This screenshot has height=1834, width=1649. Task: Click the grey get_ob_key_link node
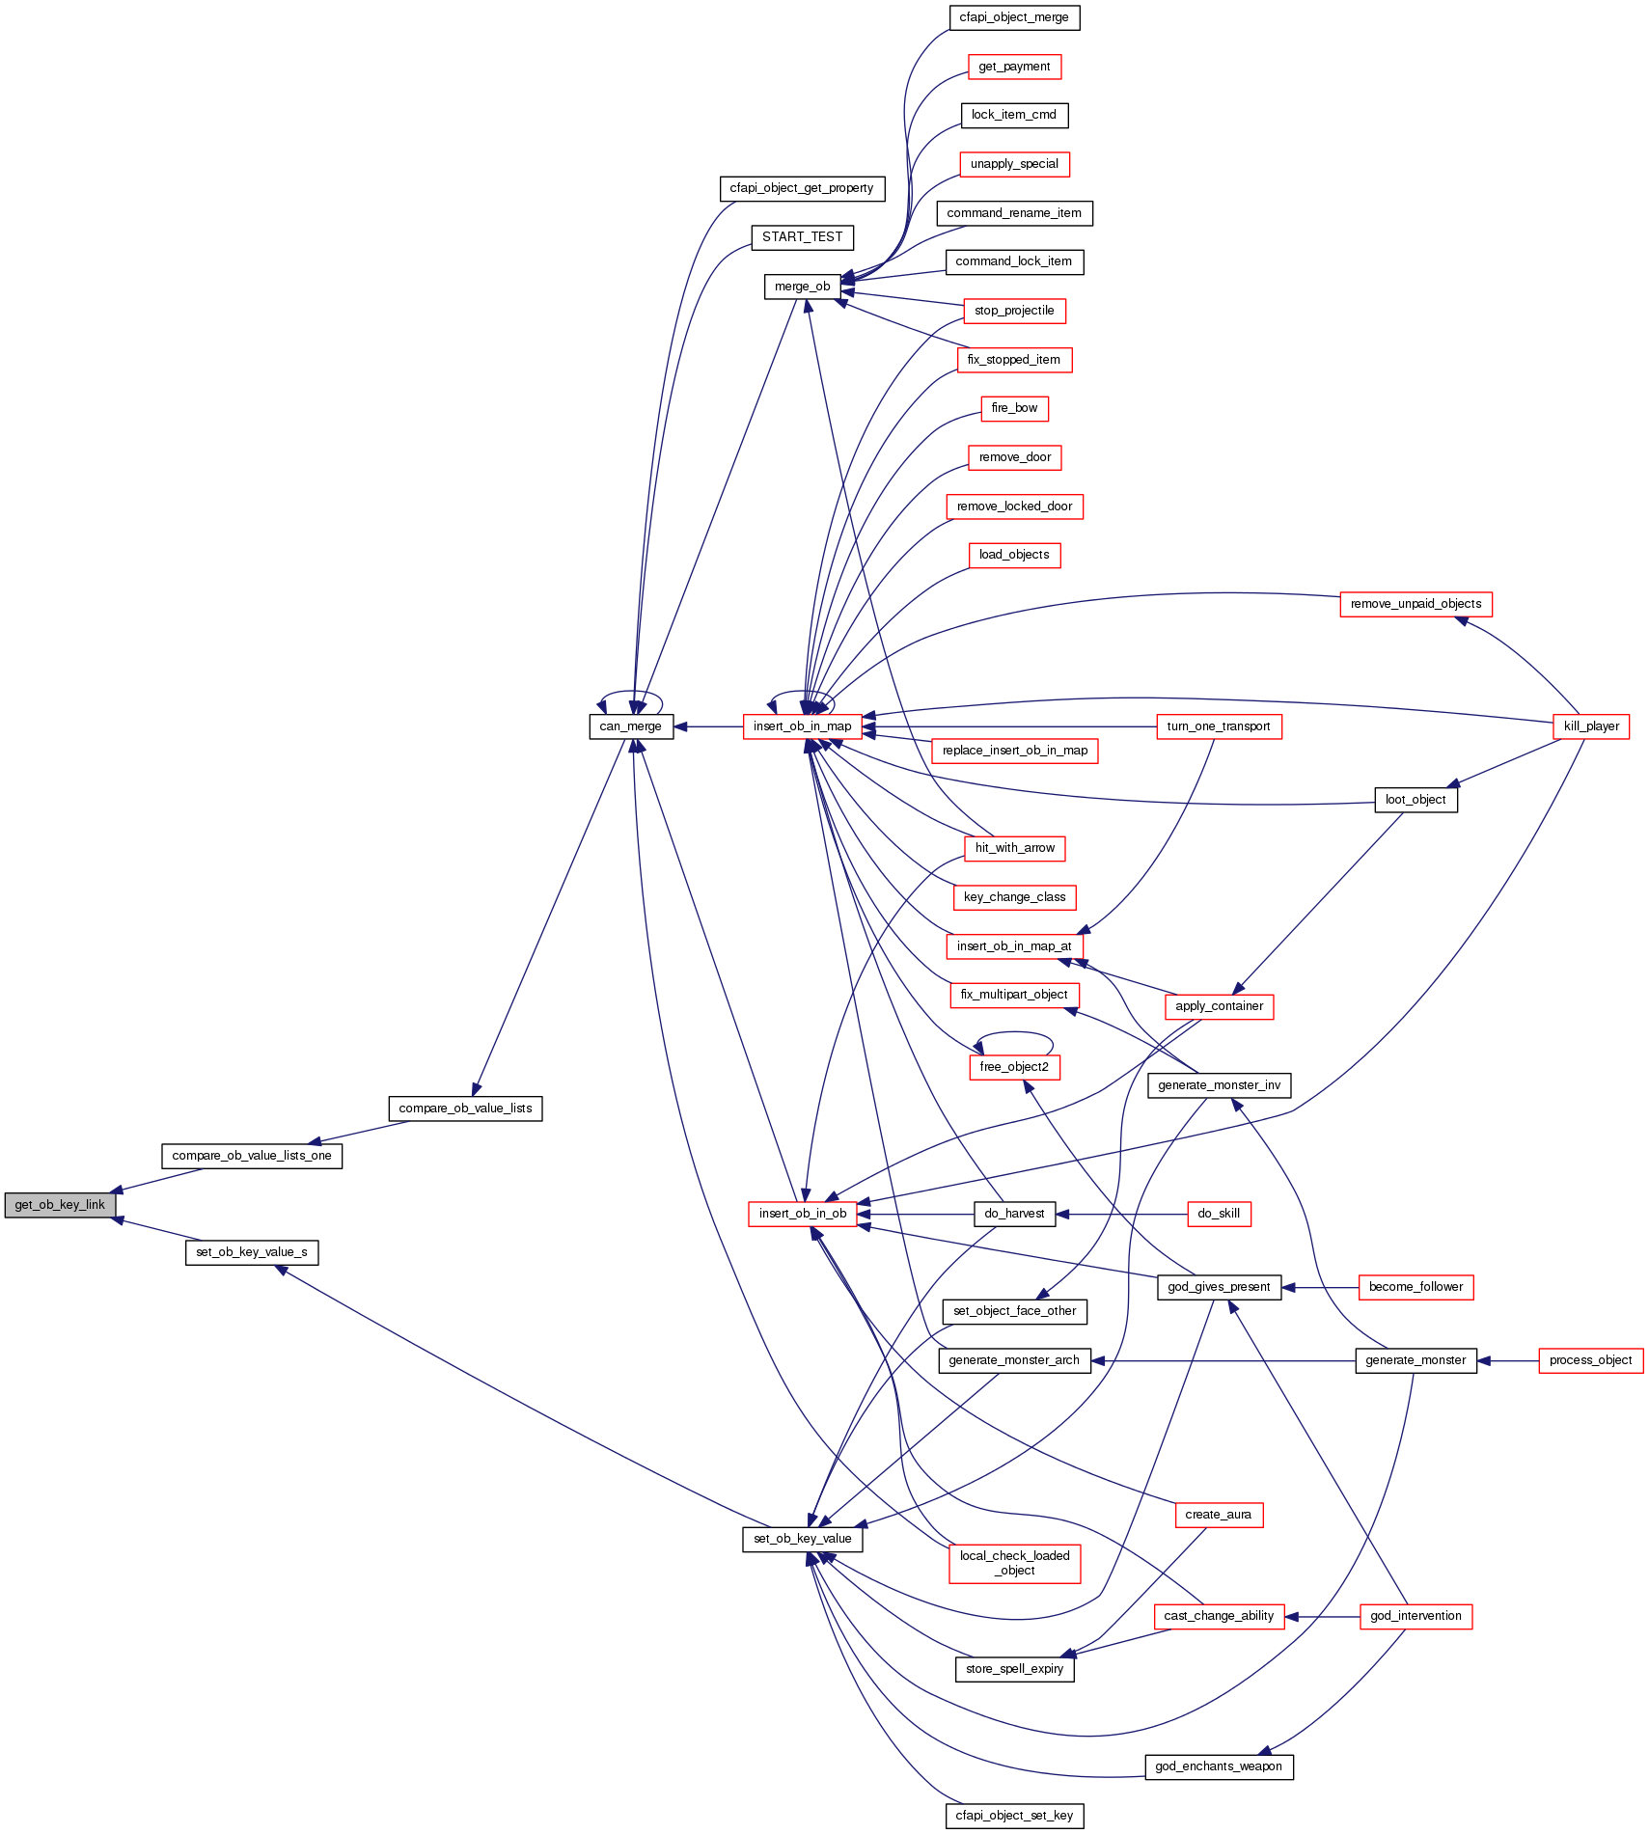point(60,1205)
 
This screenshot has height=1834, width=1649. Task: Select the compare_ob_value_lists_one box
point(251,1156)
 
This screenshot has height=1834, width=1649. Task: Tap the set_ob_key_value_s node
point(251,1252)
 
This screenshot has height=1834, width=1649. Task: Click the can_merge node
point(630,726)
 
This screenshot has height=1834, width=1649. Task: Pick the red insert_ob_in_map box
point(802,726)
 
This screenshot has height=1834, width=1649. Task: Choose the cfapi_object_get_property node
point(801,188)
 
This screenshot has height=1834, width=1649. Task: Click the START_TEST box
point(802,237)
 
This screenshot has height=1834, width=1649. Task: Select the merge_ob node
point(802,287)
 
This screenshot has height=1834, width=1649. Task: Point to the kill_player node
point(1591,726)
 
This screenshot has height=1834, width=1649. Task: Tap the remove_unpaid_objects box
point(1415,604)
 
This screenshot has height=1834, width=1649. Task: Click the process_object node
point(1590,1360)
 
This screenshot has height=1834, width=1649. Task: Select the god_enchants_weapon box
point(1218,1766)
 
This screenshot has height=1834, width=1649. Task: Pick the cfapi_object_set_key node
point(1014,1816)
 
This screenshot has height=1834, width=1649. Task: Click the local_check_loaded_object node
point(1014,1563)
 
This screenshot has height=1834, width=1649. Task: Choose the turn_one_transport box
point(1218,726)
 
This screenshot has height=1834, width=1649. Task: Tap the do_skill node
point(1218,1214)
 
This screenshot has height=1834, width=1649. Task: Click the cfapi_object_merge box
point(1013,17)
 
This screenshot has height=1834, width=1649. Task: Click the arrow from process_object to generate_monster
point(1507,1360)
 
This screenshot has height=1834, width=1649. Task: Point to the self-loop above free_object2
point(1014,1034)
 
